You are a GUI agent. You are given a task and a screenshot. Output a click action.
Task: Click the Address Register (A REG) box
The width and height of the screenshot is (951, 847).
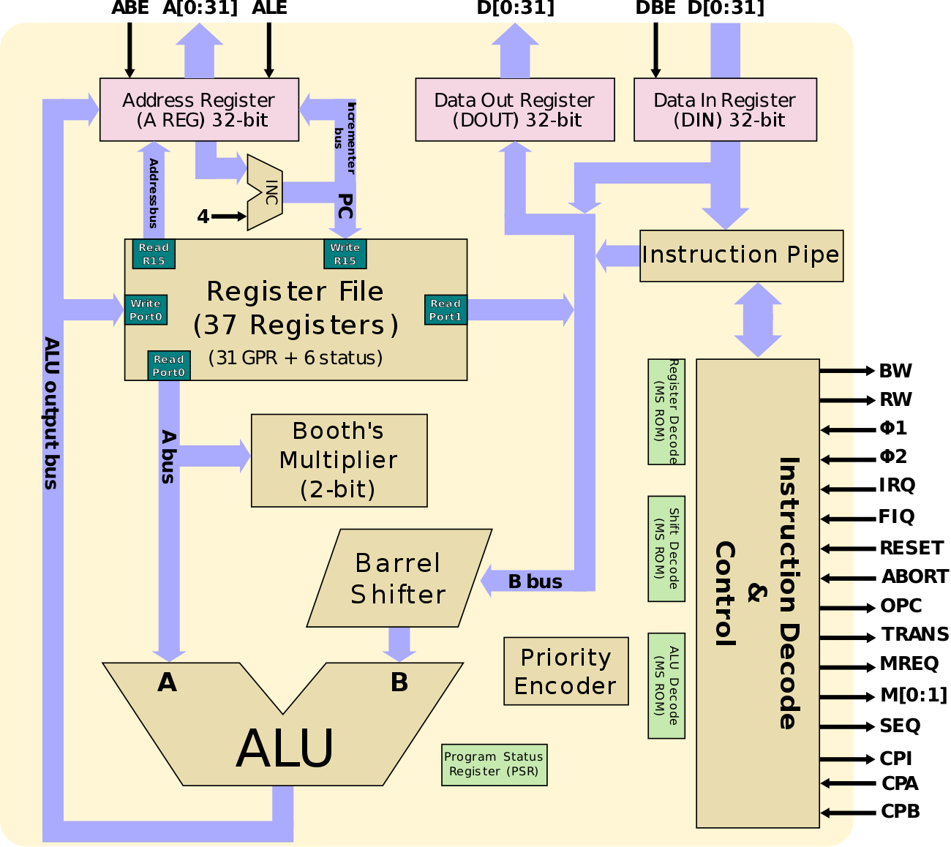[199, 110]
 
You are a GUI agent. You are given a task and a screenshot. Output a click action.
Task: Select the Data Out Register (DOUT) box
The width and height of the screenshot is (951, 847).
[514, 110]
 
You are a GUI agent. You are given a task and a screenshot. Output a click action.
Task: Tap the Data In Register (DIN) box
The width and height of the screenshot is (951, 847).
[725, 110]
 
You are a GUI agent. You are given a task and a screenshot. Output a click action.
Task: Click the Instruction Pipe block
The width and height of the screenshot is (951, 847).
[741, 255]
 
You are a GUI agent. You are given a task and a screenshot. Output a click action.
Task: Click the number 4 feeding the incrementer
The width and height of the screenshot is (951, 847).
[203, 217]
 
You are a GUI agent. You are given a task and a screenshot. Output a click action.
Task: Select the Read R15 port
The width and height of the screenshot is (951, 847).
[154, 254]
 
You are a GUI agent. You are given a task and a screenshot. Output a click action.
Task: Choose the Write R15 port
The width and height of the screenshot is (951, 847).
[345, 254]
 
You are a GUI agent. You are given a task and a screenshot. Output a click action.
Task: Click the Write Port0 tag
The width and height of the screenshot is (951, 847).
[146, 309]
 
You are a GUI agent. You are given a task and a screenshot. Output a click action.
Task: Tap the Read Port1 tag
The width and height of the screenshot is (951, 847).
[446, 309]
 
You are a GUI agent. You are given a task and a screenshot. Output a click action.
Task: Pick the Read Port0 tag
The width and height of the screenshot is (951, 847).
[169, 366]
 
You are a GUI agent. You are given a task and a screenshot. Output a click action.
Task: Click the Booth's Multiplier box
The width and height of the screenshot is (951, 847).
[339, 460]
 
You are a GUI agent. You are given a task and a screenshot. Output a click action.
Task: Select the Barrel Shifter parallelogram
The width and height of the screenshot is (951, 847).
[399, 579]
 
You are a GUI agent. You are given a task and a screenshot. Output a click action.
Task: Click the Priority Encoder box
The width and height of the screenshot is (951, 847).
[565, 671]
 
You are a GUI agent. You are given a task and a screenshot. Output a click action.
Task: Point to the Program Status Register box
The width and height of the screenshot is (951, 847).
[494, 764]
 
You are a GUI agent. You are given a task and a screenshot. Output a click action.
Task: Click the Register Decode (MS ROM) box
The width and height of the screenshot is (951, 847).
[666, 412]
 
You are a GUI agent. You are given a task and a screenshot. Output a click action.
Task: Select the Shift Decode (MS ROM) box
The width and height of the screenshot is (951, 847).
[666, 549]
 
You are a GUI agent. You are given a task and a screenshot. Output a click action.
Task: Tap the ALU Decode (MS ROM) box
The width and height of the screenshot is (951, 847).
[666, 685]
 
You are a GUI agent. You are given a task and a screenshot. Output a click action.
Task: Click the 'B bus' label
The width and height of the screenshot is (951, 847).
[535, 581]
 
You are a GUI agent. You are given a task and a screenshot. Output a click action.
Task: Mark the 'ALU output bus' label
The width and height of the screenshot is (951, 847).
[50, 413]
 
